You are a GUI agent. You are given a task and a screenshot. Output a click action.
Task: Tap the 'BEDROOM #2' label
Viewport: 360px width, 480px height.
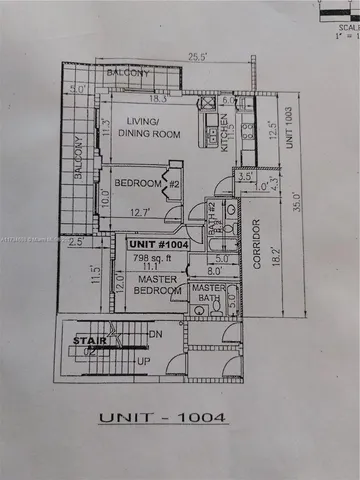(x=145, y=185)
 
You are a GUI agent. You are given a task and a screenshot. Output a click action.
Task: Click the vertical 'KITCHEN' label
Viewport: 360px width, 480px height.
(x=227, y=129)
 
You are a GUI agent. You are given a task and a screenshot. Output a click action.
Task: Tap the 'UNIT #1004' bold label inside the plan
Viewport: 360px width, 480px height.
(x=156, y=243)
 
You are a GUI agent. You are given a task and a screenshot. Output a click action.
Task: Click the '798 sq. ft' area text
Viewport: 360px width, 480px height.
(x=151, y=257)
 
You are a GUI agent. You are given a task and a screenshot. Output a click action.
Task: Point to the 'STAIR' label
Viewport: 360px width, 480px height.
(x=83, y=341)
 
